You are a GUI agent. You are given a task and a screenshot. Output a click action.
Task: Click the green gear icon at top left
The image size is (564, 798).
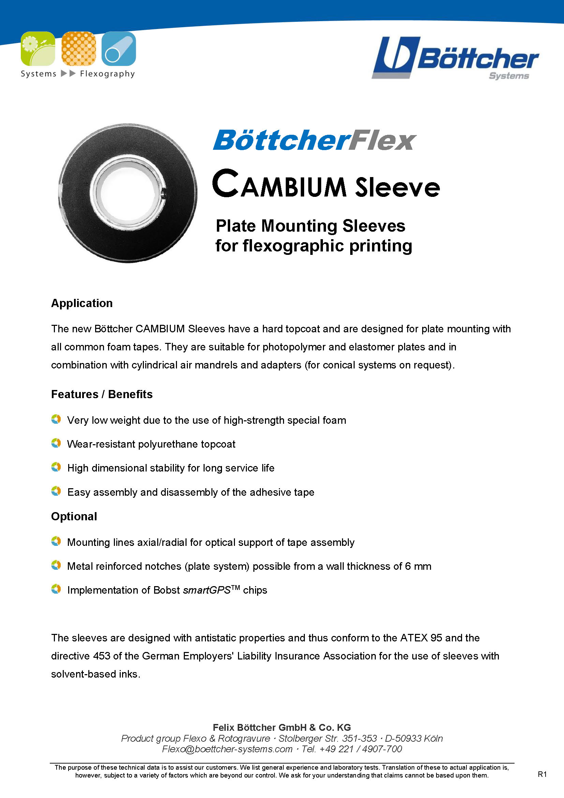[x=38, y=49]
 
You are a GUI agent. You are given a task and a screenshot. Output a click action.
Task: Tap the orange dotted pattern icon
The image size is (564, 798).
[x=78, y=49]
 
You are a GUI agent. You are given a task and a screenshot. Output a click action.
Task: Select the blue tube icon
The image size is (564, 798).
[x=119, y=49]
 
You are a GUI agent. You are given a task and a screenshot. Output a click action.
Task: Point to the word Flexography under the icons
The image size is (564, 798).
[x=107, y=74]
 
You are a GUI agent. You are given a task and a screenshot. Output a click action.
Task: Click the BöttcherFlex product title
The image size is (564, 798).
[x=314, y=141]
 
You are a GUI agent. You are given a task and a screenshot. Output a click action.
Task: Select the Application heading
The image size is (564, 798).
[x=82, y=303]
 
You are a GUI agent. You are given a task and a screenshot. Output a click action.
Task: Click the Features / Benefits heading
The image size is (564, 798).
[x=102, y=394]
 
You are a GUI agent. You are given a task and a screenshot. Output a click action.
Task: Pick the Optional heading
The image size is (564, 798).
[x=74, y=517]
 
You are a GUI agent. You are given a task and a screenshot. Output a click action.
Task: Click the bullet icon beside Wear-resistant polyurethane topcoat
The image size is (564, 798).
[x=56, y=443]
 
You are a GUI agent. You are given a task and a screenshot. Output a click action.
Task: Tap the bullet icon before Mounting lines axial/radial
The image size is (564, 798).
[x=56, y=541]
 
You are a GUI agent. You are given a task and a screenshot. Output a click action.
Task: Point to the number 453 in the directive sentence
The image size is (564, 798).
[x=102, y=656]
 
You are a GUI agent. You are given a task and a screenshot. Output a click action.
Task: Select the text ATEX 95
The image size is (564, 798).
[x=421, y=638]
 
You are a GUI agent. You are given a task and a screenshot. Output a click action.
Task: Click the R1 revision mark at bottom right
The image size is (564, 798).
[x=542, y=774]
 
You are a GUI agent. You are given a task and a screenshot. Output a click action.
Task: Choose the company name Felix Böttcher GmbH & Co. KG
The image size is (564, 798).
[x=282, y=727]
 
